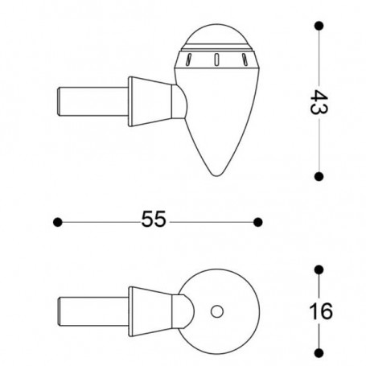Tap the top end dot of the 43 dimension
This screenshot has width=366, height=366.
320,27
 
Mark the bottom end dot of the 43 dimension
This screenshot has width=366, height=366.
320,175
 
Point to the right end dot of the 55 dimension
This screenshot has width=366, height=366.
258,221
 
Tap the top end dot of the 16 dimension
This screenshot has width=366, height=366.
320,269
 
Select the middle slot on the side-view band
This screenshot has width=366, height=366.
216,58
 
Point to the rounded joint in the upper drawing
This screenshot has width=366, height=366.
182,102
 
